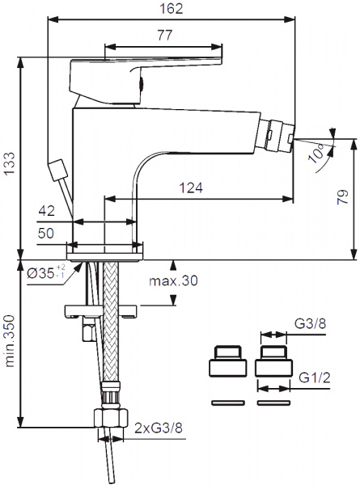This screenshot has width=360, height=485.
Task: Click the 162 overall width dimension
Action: (x=172, y=8)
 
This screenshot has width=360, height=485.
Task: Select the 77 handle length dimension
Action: (x=164, y=35)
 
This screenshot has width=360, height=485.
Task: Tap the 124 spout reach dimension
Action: (x=191, y=188)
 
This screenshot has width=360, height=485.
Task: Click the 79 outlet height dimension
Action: (x=343, y=196)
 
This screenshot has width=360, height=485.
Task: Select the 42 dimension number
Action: (x=46, y=211)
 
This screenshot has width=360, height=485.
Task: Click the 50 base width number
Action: (x=46, y=233)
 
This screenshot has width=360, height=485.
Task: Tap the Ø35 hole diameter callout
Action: (x=46, y=272)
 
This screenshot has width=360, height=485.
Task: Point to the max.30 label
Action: (x=173, y=280)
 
